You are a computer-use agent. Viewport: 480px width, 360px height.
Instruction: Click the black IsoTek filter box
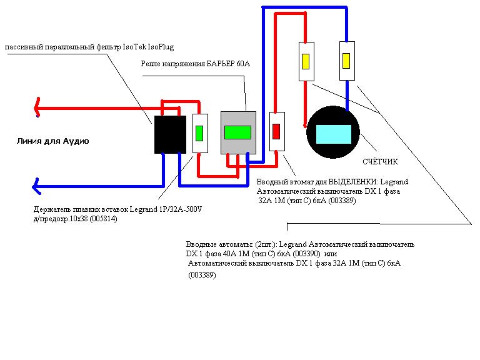click(x=170, y=134)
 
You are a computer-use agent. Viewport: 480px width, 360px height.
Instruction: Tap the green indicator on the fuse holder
click(x=200, y=133)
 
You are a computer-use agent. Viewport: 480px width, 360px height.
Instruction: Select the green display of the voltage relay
click(x=237, y=132)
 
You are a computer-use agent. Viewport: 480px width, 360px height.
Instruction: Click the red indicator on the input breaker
click(x=276, y=131)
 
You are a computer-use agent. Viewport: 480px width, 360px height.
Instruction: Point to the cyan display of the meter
click(x=334, y=134)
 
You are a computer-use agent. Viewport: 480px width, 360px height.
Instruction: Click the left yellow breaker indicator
click(x=306, y=62)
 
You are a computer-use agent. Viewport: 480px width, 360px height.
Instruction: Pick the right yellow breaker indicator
click(x=346, y=61)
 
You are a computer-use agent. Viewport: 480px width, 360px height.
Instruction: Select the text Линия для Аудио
click(x=52, y=141)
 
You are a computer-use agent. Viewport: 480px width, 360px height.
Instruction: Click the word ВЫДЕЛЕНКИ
click(x=353, y=182)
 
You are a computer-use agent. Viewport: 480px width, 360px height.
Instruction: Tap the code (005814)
click(x=103, y=219)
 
